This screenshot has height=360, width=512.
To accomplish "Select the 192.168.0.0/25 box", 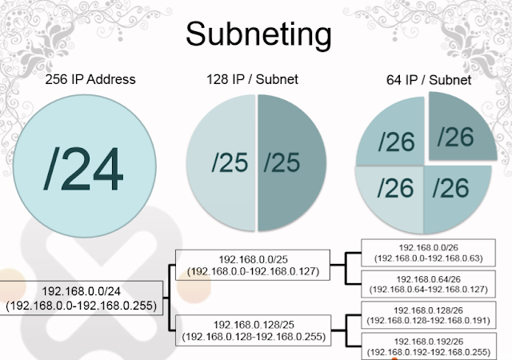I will point(253,266).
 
